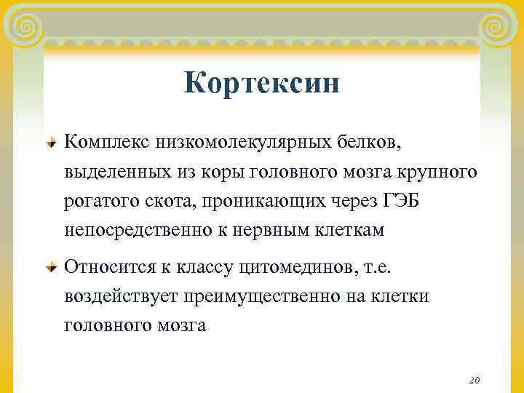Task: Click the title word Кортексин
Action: [261, 83]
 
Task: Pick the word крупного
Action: [441, 172]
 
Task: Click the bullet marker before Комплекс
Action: [50, 140]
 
